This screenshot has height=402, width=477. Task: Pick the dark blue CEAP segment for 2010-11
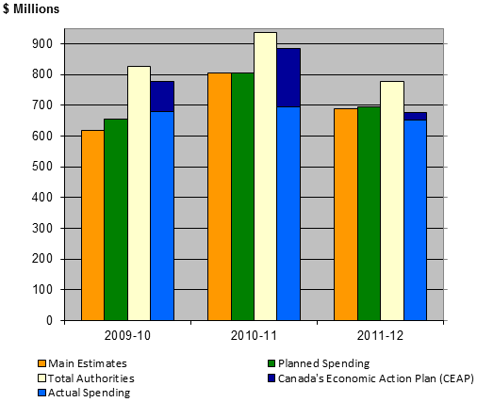click(288, 77)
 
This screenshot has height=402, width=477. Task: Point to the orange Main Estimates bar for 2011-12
click(345, 215)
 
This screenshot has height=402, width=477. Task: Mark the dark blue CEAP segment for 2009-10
click(162, 96)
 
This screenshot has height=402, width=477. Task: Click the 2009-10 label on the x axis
click(127, 335)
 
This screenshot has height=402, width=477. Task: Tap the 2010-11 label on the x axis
click(254, 335)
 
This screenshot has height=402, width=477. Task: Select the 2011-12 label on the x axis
click(380, 335)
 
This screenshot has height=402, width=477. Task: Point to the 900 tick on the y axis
click(41, 44)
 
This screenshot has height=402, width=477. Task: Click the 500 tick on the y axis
click(41, 167)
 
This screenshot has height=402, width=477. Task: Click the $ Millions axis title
click(31, 9)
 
